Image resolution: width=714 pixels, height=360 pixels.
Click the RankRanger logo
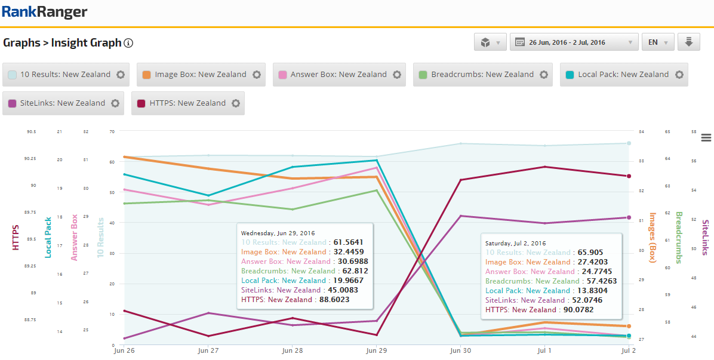pyautogui.click(x=45, y=12)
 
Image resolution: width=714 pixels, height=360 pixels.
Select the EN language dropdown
pyautogui.click(x=658, y=42)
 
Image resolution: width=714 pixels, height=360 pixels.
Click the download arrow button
pyautogui.click(x=688, y=42)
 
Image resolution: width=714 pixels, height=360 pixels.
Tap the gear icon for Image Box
pyautogui.click(x=257, y=75)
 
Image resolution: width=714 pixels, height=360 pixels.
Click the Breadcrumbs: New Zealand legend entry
pyautogui.click(x=482, y=75)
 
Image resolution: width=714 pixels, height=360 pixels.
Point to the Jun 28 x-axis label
pyautogui.click(x=292, y=352)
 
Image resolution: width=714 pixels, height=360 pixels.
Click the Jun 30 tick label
pyautogui.click(x=460, y=352)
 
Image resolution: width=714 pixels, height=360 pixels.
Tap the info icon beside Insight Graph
pyautogui.click(x=128, y=43)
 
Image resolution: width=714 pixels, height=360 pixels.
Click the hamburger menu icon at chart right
pyautogui.click(x=706, y=138)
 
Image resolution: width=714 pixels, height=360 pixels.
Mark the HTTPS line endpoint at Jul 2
pyautogui.click(x=629, y=176)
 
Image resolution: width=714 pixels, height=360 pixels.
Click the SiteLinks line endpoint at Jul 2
pyautogui.click(x=629, y=217)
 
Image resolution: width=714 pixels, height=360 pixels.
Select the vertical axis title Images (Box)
pyautogui.click(x=653, y=237)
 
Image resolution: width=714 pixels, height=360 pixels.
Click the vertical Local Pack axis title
pyautogui.click(x=48, y=237)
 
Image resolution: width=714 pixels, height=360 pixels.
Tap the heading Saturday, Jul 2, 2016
pyautogui.click(x=516, y=244)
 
